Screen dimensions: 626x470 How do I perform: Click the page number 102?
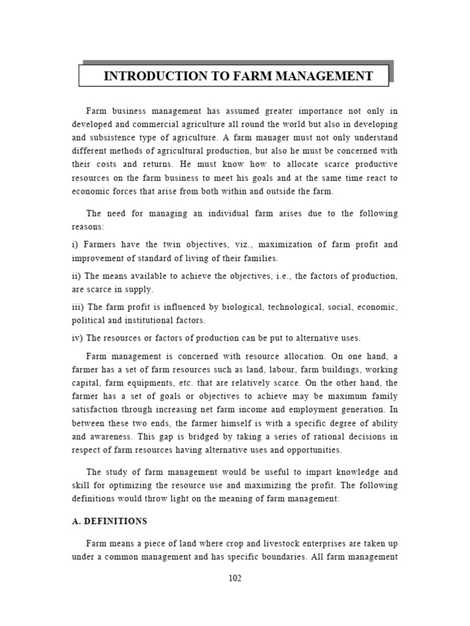click(x=235, y=578)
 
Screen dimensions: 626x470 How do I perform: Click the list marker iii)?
click(x=78, y=307)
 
